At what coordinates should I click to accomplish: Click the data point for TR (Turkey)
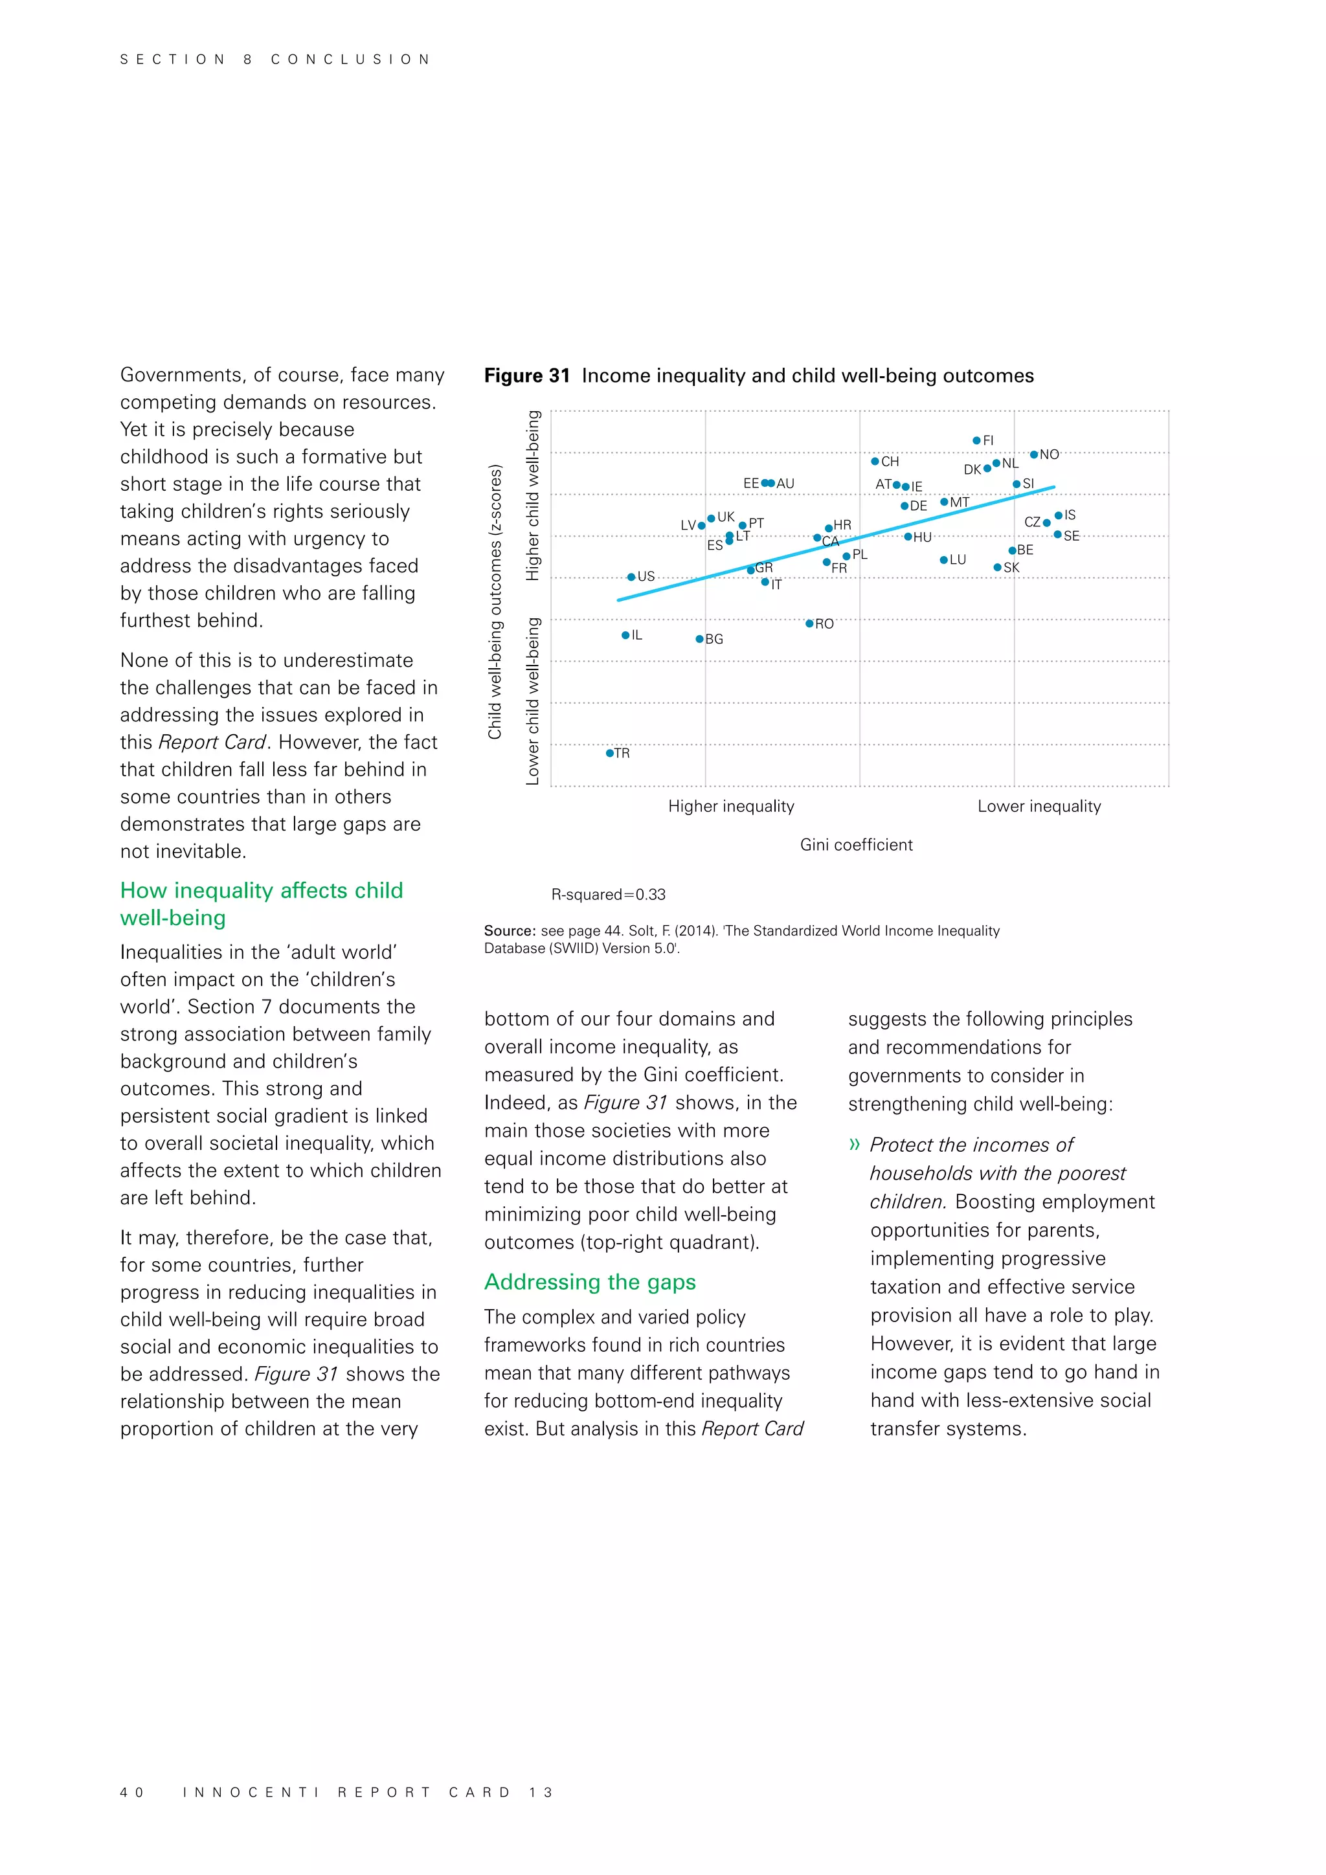point(609,753)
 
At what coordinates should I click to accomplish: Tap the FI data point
point(976,440)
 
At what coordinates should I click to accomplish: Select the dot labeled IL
point(625,634)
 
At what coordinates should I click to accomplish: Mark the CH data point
point(875,462)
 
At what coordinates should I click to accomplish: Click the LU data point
point(943,559)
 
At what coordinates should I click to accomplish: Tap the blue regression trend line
point(898,528)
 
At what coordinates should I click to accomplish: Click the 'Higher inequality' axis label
point(731,806)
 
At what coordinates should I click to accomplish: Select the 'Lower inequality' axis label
point(1039,806)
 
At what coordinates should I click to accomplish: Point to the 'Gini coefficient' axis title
point(856,844)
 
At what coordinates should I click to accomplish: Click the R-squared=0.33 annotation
point(609,894)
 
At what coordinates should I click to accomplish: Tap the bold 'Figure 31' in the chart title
point(526,376)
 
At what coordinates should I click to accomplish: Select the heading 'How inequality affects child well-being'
point(262,903)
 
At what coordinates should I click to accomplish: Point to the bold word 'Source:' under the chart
point(510,930)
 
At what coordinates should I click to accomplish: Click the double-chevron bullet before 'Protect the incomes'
point(854,1144)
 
